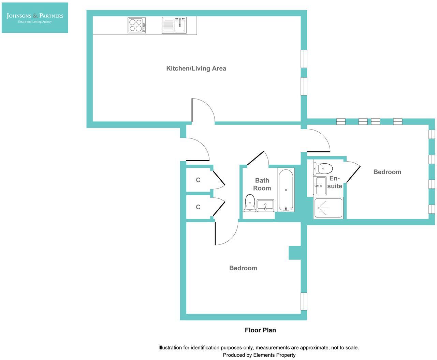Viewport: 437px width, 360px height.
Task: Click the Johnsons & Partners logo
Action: coord(35,18)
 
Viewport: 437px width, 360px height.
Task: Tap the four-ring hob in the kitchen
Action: coord(136,26)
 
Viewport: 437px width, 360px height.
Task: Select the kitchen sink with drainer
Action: coord(174,26)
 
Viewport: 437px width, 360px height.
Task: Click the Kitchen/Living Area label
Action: coord(196,69)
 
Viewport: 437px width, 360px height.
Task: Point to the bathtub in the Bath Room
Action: coord(286,190)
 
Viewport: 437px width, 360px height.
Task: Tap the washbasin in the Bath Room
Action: coord(265,205)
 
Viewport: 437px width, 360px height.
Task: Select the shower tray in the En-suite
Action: coord(328,208)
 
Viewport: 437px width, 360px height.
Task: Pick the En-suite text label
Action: coord(335,182)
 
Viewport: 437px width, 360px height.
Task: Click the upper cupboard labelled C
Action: coord(198,180)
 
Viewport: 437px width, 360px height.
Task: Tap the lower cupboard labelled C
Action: coord(198,207)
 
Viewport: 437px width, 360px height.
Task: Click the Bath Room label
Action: coord(262,184)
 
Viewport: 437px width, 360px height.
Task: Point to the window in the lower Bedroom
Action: coord(304,301)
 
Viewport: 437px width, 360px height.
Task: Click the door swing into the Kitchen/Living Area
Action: coord(203,110)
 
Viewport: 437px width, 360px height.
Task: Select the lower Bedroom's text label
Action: coord(243,268)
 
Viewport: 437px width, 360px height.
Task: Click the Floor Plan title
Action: coord(260,330)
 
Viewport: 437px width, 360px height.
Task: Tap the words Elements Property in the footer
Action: coord(274,355)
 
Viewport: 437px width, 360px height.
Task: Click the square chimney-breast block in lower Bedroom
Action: coord(294,253)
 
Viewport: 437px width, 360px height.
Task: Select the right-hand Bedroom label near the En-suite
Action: coord(387,172)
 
